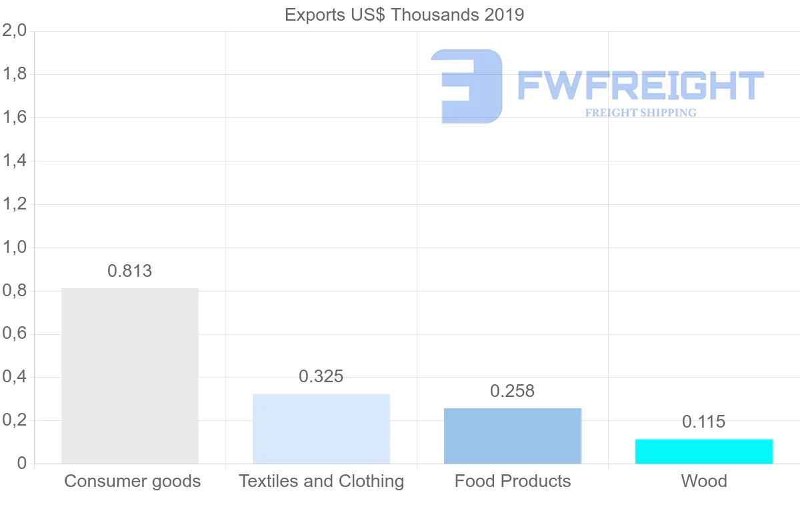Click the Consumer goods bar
130,376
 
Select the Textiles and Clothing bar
321,428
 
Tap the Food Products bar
513,436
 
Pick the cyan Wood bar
704,451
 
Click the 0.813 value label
130,272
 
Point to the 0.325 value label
321,376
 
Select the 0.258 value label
513,391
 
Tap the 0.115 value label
704,422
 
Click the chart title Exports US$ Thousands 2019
405,15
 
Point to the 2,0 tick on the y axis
14,31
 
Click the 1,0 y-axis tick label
14,247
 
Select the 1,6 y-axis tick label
14,117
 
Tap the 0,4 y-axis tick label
14,377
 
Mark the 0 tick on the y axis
22,464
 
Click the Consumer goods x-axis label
132,481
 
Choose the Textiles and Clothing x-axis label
321,481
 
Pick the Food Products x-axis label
513,481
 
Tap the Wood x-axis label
704,481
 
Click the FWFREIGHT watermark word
640,85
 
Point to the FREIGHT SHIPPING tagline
641,113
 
